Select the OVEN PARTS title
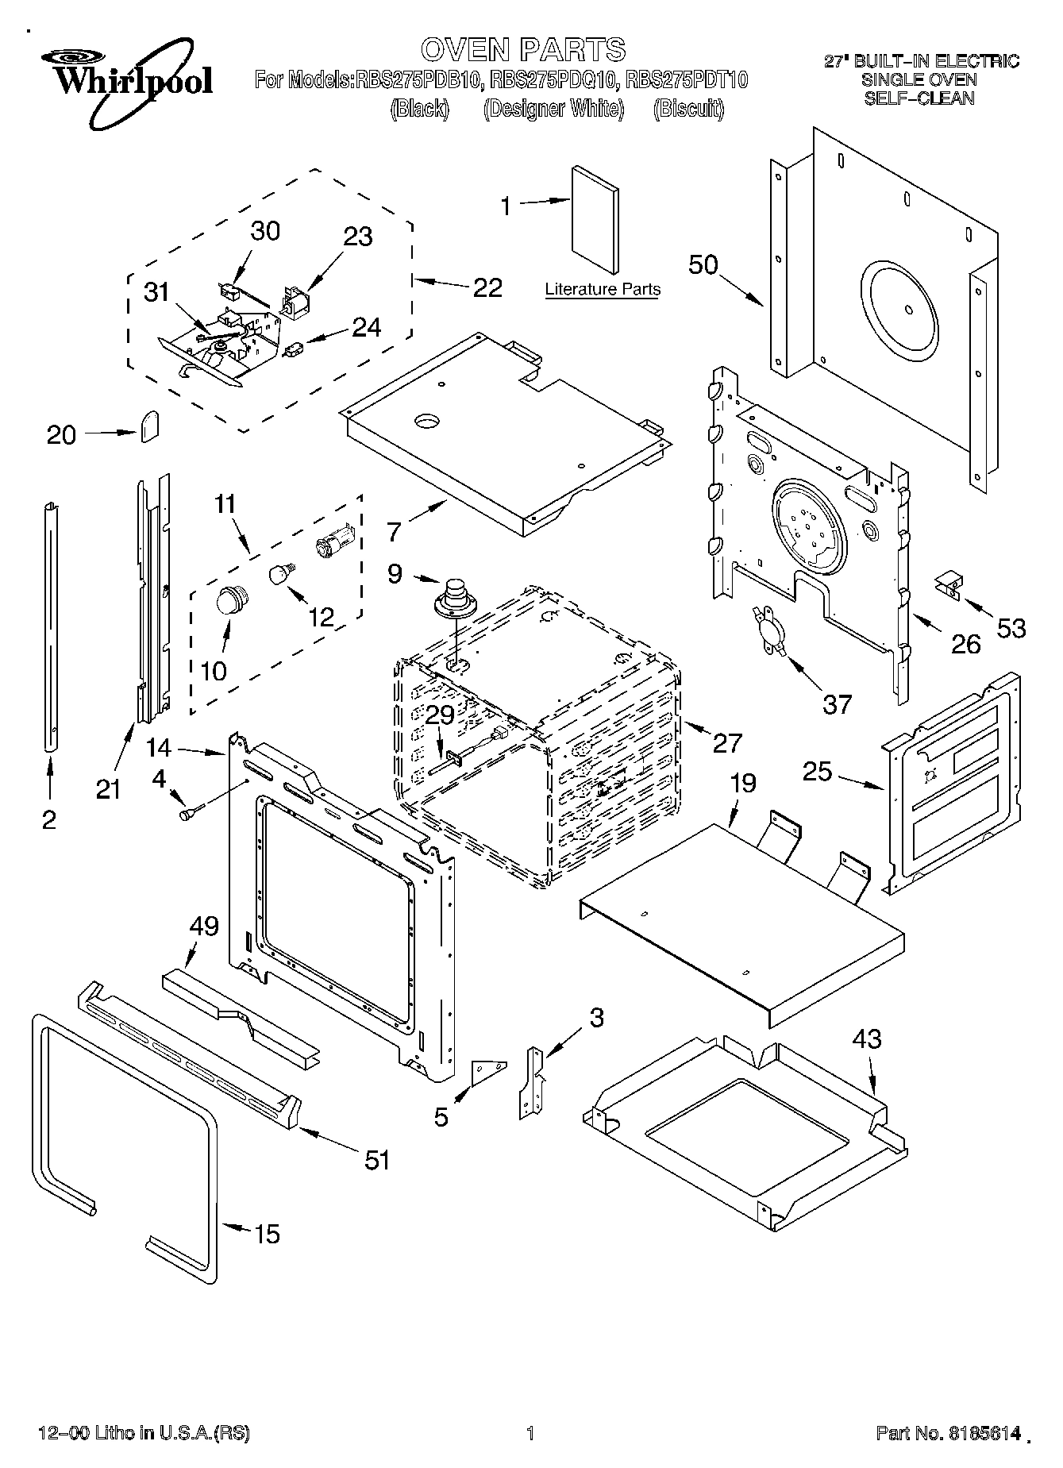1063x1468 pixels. click(x=523, y=49)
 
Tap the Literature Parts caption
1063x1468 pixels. click(x=603, y=289)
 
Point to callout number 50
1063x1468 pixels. click(x=703, y=264)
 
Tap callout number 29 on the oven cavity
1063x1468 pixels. click(x=440, y=715)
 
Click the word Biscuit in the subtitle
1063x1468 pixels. click(x=688, y=109)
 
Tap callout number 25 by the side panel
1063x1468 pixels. click(x=818, y=770)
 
